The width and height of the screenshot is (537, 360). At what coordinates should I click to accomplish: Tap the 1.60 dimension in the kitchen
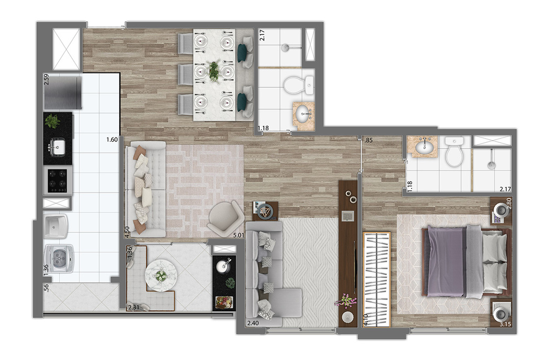tap(111, 140)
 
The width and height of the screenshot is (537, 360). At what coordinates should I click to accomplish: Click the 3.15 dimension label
tap(505, 325)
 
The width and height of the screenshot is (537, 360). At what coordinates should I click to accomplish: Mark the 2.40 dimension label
tap(253, 324)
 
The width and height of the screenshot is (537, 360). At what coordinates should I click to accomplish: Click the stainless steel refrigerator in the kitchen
tap(63, 92)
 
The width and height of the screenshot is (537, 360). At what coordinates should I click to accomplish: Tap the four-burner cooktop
tap(57, 180)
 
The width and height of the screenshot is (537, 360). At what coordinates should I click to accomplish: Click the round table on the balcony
tap(160, 273)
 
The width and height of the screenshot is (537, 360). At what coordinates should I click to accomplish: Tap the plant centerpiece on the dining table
tap(214, 71)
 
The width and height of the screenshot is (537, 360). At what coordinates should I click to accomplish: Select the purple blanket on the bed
tap(447, 260)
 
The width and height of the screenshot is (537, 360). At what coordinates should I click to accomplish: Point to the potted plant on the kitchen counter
tap(52, 121)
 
